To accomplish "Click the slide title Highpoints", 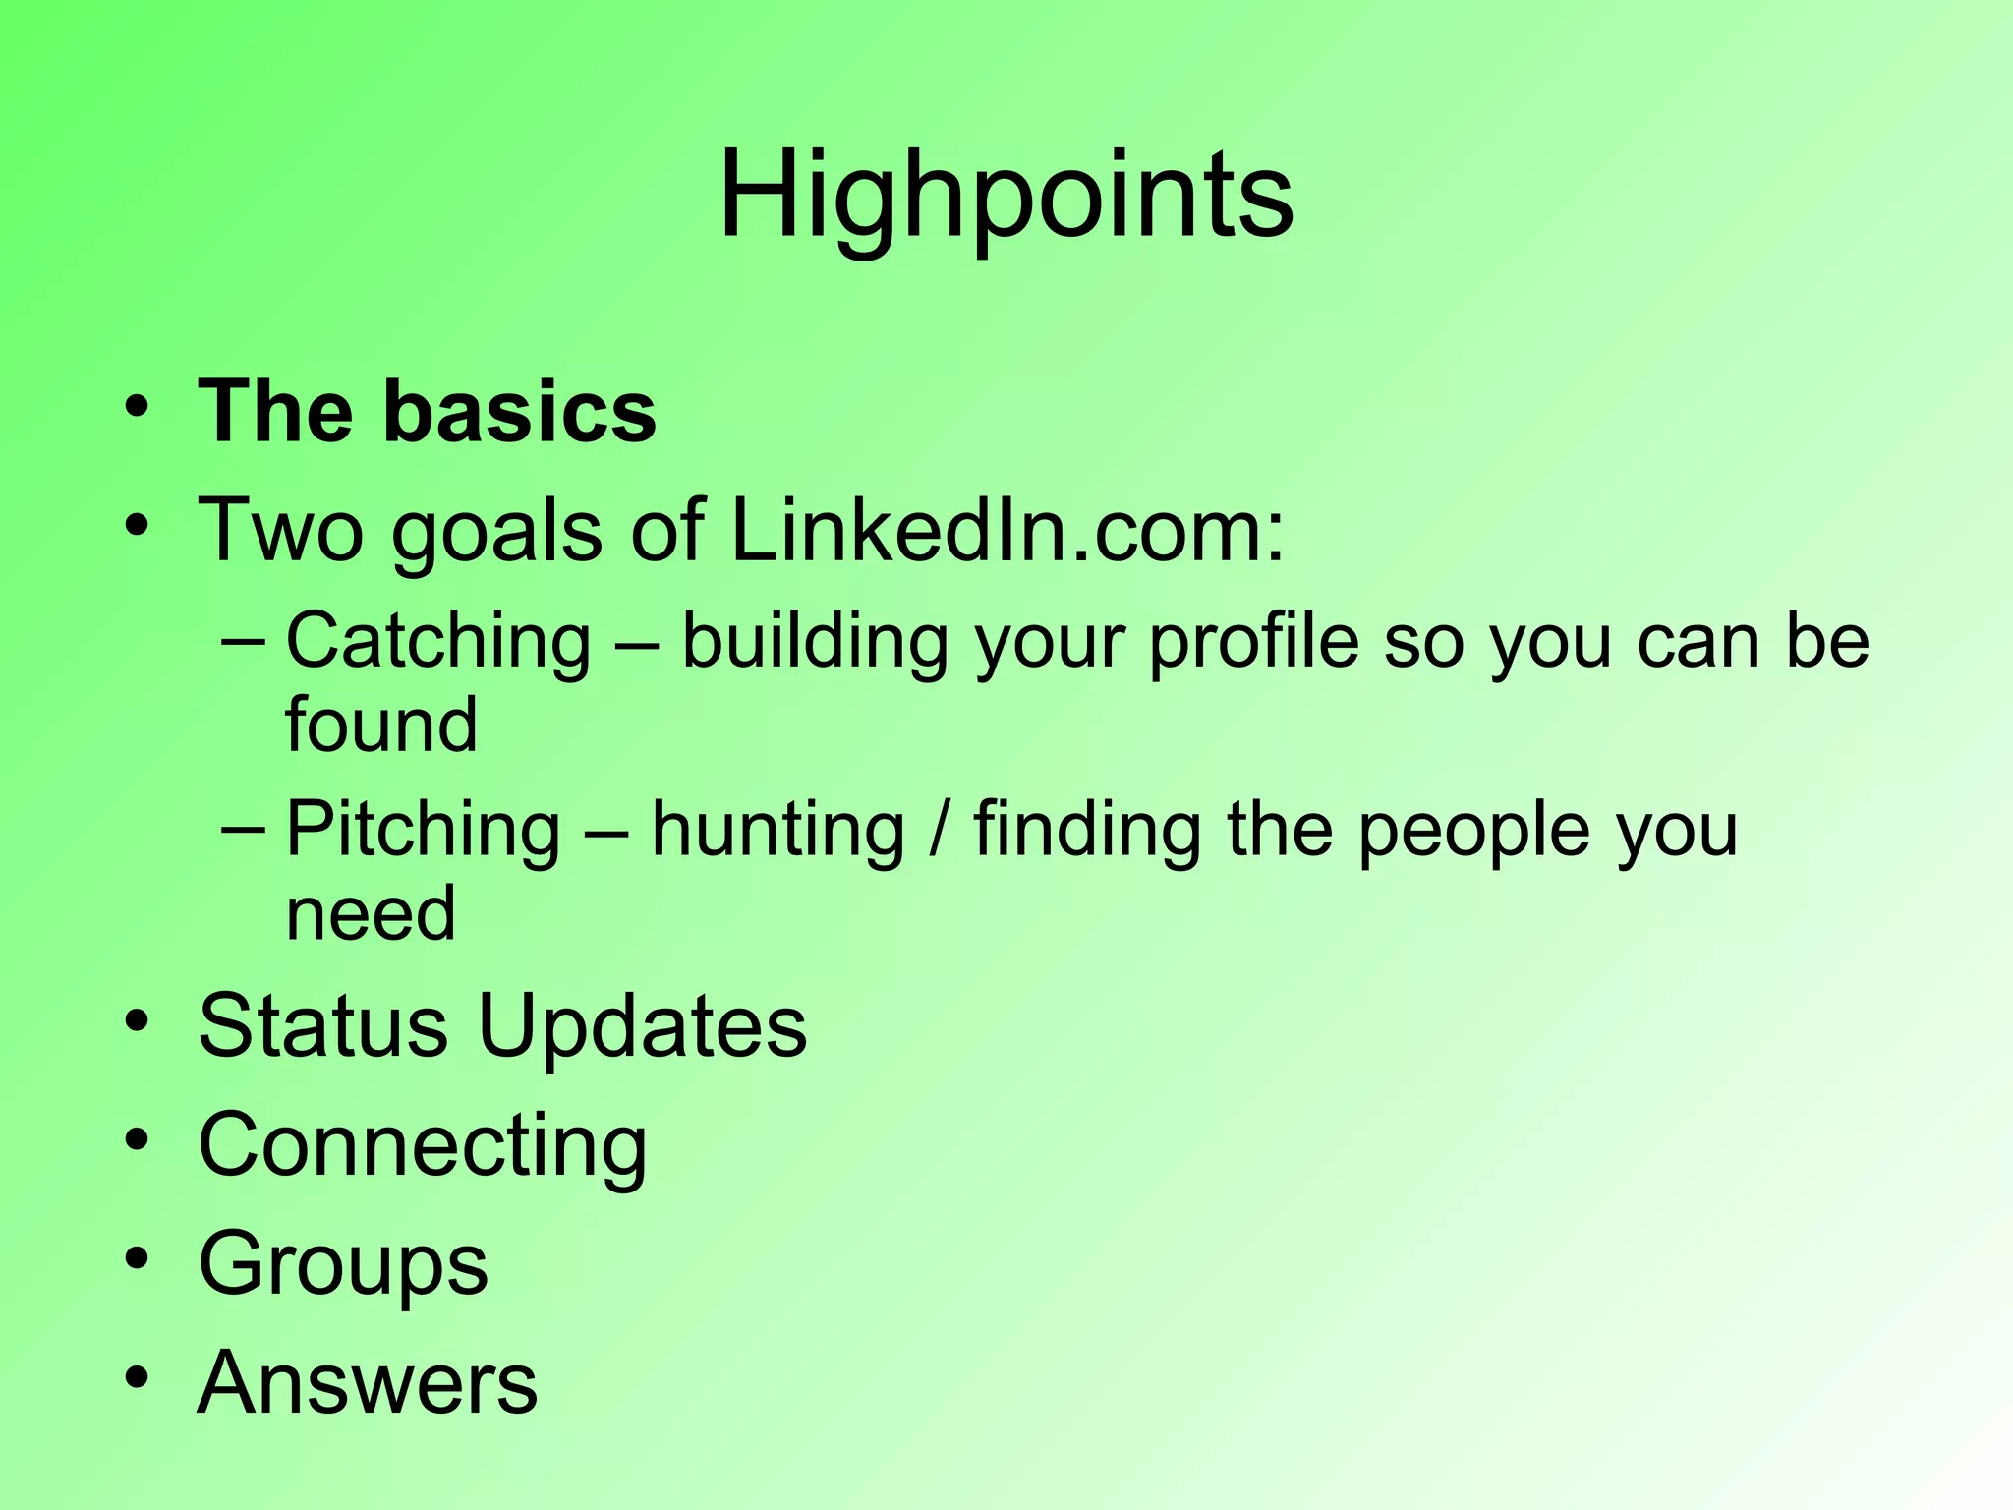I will pyautogui.click(x=1006, y=197).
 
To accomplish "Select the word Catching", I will pyautogui.click(x=438, y=641).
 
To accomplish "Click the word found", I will pyautogui.click(x=381, y=725).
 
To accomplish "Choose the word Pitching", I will pyautogui.click(x=423, y=830).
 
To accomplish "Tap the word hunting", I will pyautogui.click(x=777, y=830).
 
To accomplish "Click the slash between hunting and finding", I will pyautogui.click(x=939, y=830).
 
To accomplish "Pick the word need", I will pyautogui.click(x=371, y=913).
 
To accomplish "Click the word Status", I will pyautogui.click(x=322, y=1025).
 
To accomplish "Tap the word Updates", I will pyautogui.click(x=642, y=1025).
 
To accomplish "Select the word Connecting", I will pyautogui.click(x=423, y=1145).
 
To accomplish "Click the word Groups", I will pyautogui.click(x=343, y=1264).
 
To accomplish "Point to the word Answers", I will pyautogui.click(x=368, y=1382).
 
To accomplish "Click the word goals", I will pyautogui.click(x=496, y=531).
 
